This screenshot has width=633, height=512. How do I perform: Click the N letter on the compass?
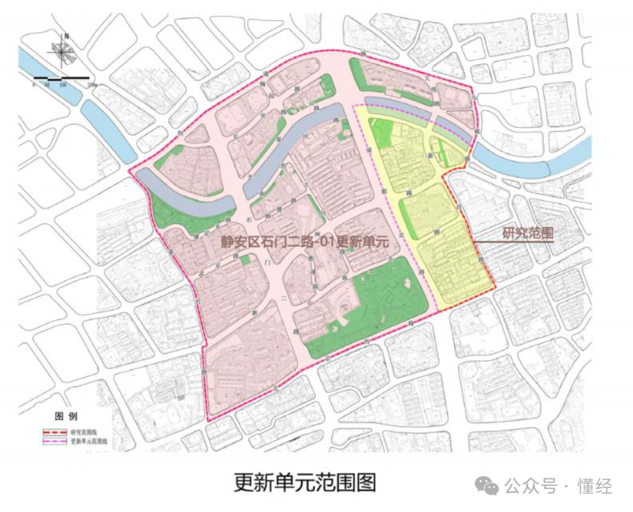coord(67,36)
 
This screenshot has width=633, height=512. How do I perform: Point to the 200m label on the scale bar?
coord(91,86)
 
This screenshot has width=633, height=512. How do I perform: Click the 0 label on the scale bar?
coord(34,86)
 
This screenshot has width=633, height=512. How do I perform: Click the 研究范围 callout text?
coord(528,233)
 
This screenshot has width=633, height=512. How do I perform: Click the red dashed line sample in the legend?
coord(54,432)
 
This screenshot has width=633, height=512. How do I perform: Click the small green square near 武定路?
coord(246,259)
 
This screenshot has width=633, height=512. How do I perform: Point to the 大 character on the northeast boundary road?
coord(427,77)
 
